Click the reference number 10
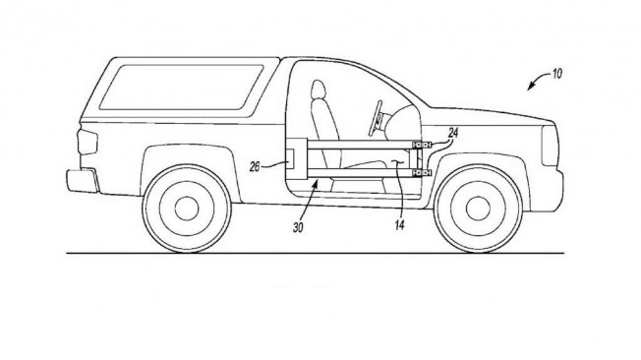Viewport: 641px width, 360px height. pyautogui.click(x=557, y=74)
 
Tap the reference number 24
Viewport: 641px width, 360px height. pyautogui.click(x=453, y=133)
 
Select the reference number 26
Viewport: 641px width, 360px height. pyautogui.click(x=255, y=166)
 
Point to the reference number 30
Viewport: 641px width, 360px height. pyautogui.click(x=298, y=228)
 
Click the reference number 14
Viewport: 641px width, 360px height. pyautogui.click(x=399, y=224)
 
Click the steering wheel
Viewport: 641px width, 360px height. pyautogui.click(x=376, y=118)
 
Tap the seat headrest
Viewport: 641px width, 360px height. pyautogui.click(x=319, y=90)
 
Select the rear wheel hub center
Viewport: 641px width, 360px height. pyautogui.click(x=187, y=209)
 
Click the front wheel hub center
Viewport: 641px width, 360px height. pyautogui.click(x=478, y=209)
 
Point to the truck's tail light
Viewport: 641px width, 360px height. pyautogui.click(x=87, y=142)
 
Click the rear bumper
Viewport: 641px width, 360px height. pyautogui.click(x=83, y=181)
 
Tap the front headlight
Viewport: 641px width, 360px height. pyautogui.click(x=550, y=146)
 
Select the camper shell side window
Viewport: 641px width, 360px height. pyautogui.click(x=181, y=88)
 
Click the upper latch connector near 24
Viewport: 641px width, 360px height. pyautogui.click(x=422, y=145)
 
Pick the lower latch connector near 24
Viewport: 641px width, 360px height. pyautogui.click(x=422, y=173)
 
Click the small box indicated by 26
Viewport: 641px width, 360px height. pyautogui.click(x=289, y=158)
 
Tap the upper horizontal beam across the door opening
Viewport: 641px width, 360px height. pyautogui.click(x=360, y=145)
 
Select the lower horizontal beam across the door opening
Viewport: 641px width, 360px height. pyautogui.click(x=360, y=173)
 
